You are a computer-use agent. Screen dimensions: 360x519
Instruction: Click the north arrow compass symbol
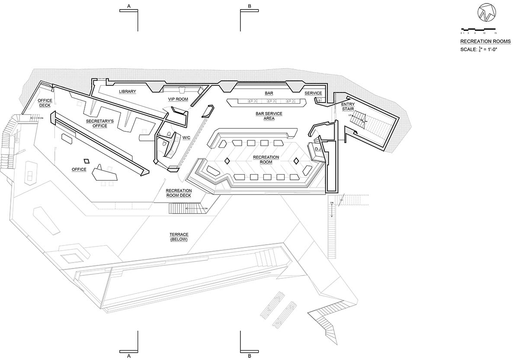pyautogui.click(x=484, y=13)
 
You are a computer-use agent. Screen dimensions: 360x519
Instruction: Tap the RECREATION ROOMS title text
pyautogui.click(x=485, y=41)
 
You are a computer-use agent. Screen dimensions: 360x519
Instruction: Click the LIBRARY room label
pyautogui.click(x=128, y=92)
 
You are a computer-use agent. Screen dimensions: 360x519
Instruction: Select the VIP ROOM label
pyautogui.click(x=178, y=99)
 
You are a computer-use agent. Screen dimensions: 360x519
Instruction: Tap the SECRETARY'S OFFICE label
pyautogui.click(x=99, y=124)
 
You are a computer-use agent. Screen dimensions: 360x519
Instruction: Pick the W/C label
pyautogui.click(x=187, y=138)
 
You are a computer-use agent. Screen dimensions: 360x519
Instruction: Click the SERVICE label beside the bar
pyautogui.click(x=313, y=93)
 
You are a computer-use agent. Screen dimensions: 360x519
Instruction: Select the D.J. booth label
pyautogui.click(x=317, y=149)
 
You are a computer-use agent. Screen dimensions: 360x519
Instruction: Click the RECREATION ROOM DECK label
pyautogui.click(x=179, y=193)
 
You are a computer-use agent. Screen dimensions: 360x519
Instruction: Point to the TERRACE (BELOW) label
pyautogui.click(x=179, y=237)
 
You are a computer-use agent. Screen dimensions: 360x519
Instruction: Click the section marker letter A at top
pyautogui.click(x=128, y=6)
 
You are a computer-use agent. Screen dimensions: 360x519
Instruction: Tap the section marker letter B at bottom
pyautogui.click(x=250, y=356)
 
